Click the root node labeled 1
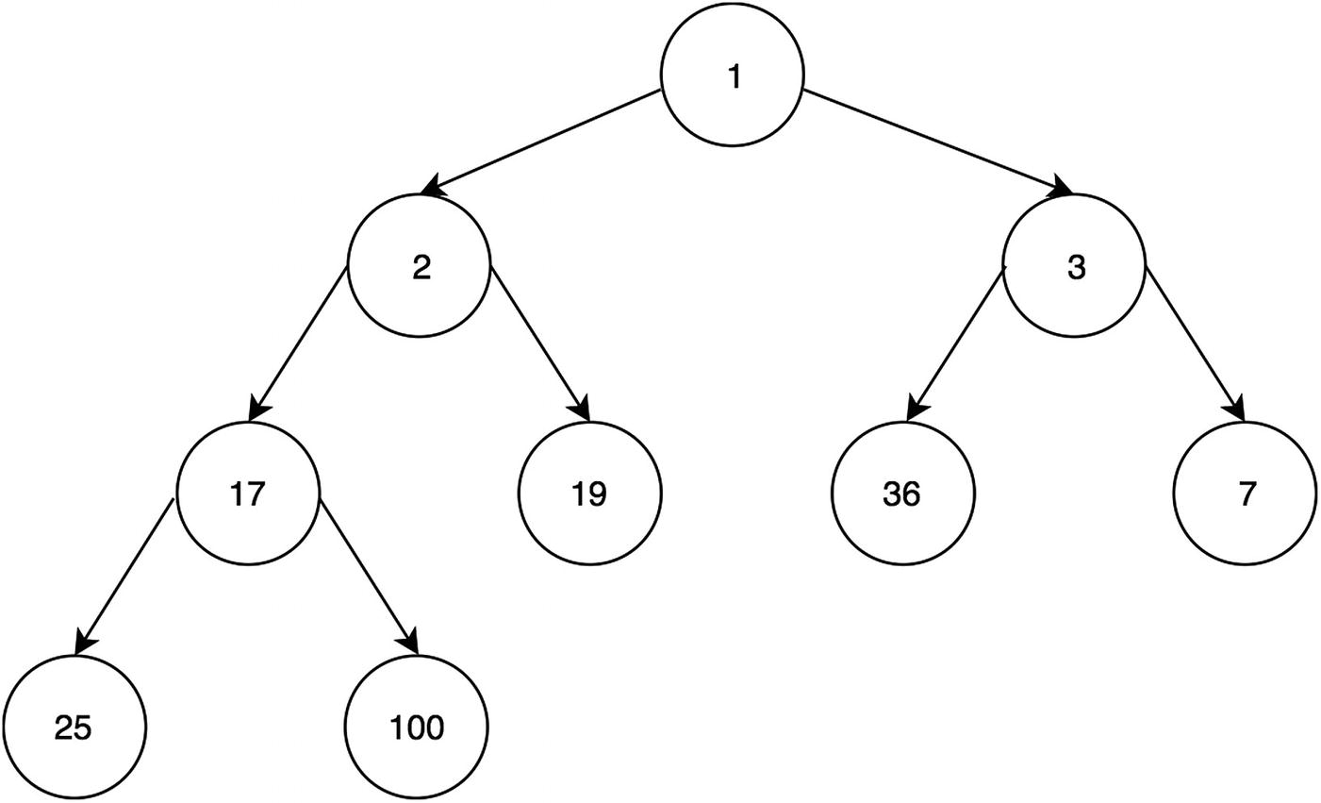tap(733, 76)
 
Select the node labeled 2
tap(420, 267)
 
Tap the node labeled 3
tap(1075, 267)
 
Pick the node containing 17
tap(248, 494)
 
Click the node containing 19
tap(590, 494)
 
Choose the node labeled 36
tap(902, 494)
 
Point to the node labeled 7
tap(1245, 494)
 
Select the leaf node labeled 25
tap(74, 728)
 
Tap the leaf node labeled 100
tap(417, 728)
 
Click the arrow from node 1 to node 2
tap(541, 142)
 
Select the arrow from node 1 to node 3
tap(937, 141)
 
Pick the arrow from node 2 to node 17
tap(299, 343)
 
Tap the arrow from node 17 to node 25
tap(125, 575)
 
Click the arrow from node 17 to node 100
tap(369, 575)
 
